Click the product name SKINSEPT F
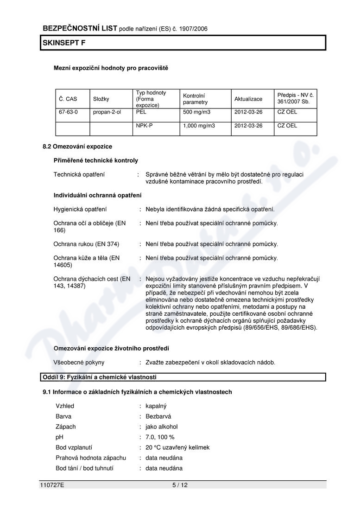coord(64,43)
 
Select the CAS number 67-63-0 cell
coord(68,112)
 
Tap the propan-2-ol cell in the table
coord(107,112)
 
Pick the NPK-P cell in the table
coord(145,126)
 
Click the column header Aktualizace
coord(248,99)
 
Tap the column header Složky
coord(101,99)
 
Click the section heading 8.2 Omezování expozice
coord(77,147)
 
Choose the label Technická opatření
coord(79,174)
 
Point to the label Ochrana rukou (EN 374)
coord(87,244)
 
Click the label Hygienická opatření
coord(80,209)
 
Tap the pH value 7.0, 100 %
coord(160,437)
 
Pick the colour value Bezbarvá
coord(158,416)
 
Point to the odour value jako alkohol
coord(162,427)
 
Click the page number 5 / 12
coord(180,485)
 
